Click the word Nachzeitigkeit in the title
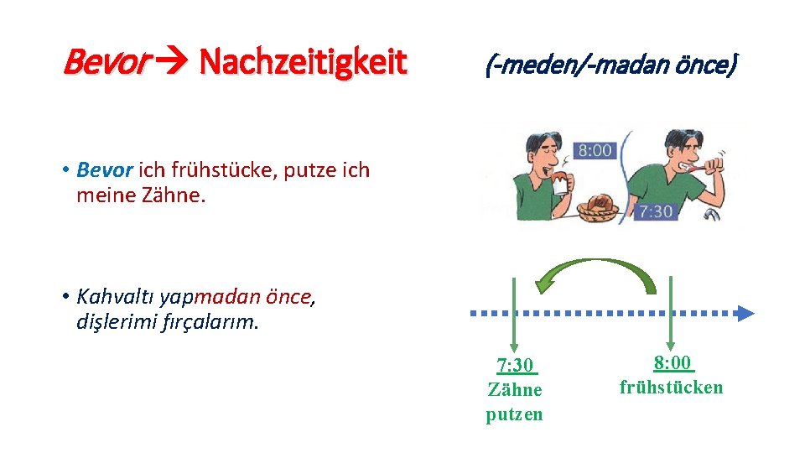(303, 61)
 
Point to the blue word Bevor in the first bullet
(105, 170)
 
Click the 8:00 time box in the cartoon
(595, 151)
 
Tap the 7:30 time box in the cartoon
(655, 211)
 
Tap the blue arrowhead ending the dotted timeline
(745, 314)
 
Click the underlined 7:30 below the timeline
(515, 366)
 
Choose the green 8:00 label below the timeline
(673, 363)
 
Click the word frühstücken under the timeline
(671, 388)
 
